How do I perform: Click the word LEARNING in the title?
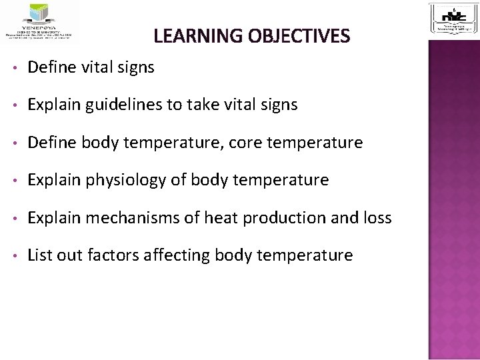[x=191, y=36]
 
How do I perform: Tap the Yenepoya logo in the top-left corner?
[x=41, y=22]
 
